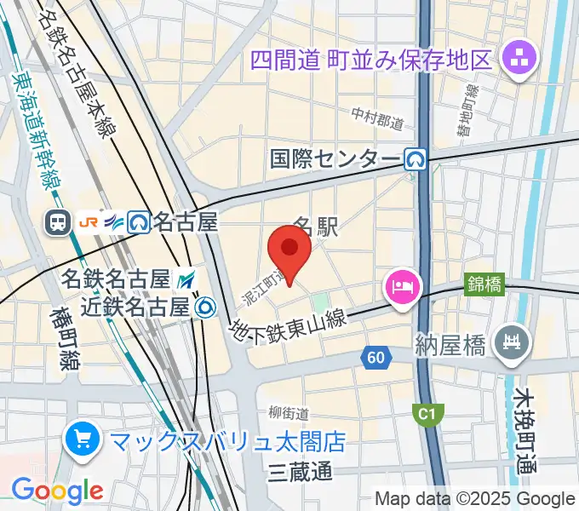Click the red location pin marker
(289, 250)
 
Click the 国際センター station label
(335, 159)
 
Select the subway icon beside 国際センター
(416, 159)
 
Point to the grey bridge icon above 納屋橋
(513, 342)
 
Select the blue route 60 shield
(375, 357)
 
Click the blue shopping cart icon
(83, 440)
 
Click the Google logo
(57, 491)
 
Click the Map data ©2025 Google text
(475, 498)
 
